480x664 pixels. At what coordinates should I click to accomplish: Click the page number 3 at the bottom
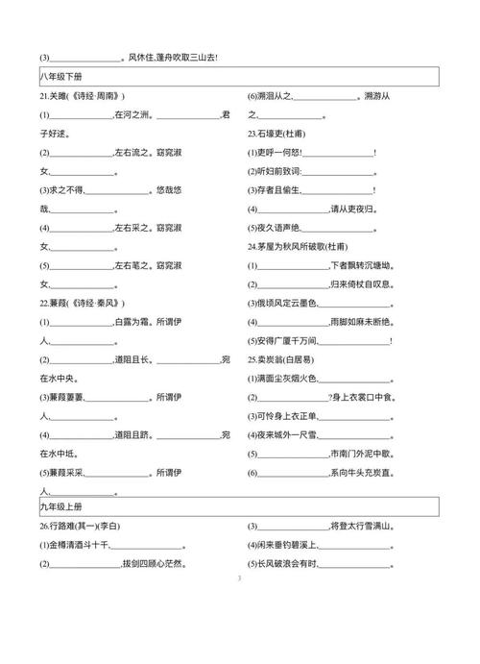pos(238,579)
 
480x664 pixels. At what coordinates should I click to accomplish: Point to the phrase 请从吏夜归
pos(361,209)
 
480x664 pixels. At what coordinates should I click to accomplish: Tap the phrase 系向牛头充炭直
pos(361,471)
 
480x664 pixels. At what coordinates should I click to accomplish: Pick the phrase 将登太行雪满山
pos(361,527)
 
